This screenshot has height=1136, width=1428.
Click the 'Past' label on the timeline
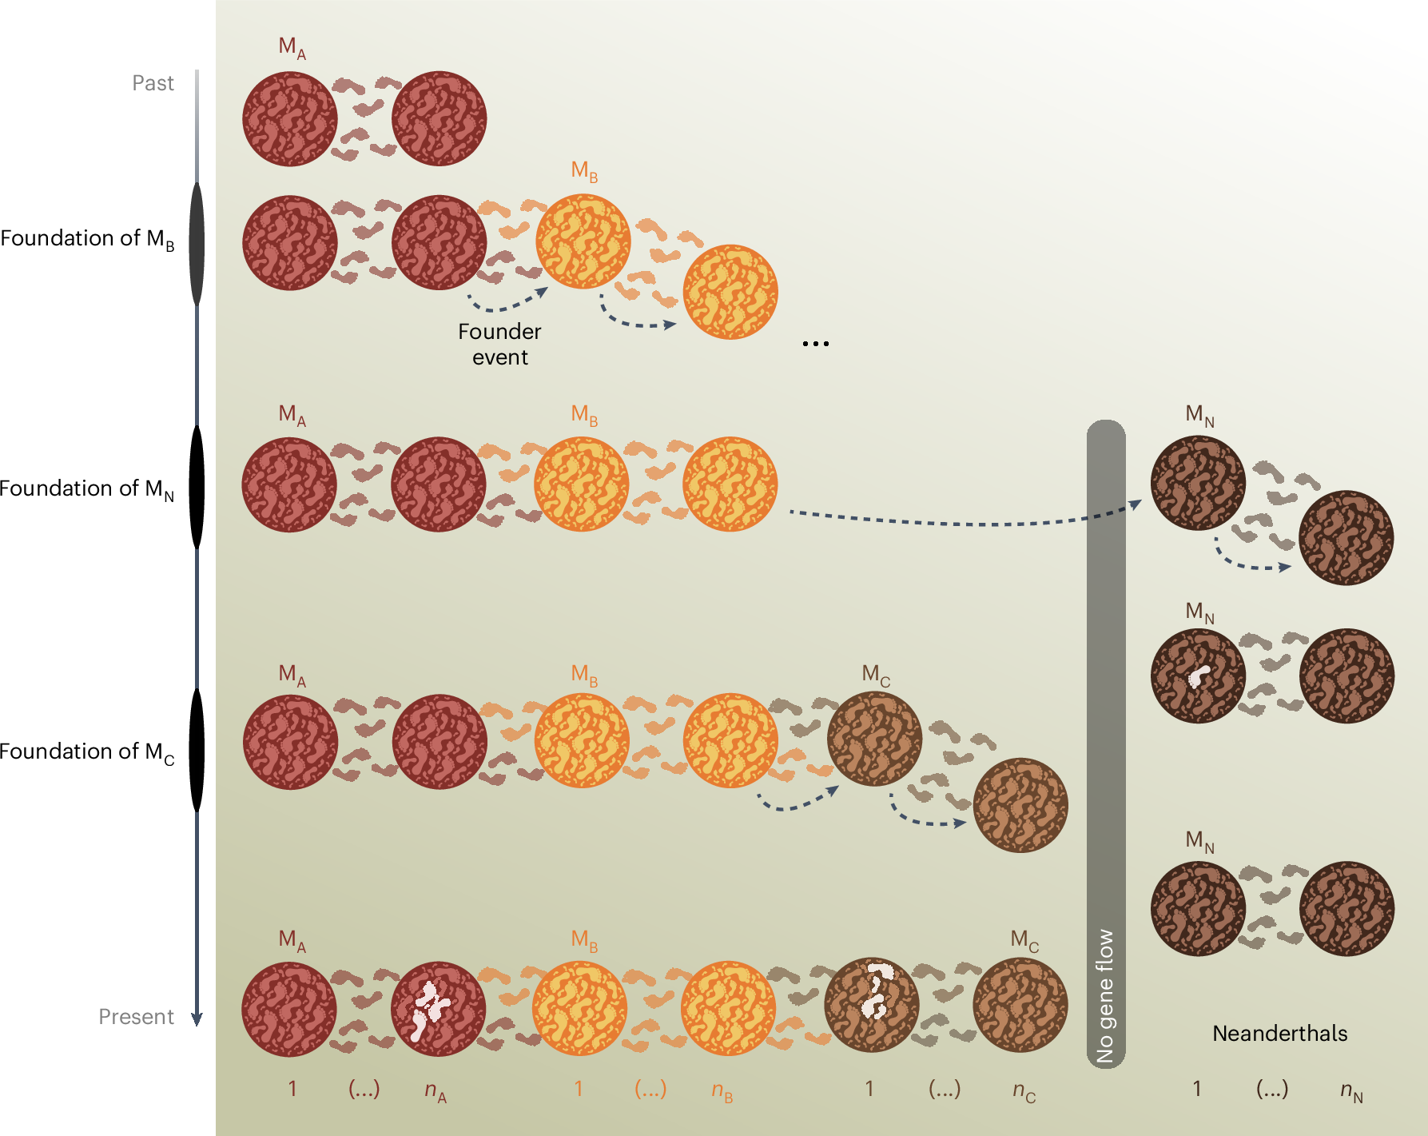(x=153, y=83)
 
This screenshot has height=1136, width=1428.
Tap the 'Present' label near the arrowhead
(x=136, y=1017)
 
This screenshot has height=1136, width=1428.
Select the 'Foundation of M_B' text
(x=87, y=239)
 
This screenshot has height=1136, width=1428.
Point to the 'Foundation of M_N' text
(x=87, y=489)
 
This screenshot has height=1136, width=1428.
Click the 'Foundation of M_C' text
(x=87, y=752)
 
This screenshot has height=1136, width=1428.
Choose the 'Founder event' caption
(x=499, y=344)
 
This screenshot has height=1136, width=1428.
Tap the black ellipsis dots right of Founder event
(x=816, y=344)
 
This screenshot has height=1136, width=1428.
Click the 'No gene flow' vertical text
(x=1105, y=995)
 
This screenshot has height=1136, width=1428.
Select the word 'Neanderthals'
(x=1279, y=1034)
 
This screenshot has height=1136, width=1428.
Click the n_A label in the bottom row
(x=436, y=1090)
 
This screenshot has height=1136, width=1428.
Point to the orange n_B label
(x=722, y=1090)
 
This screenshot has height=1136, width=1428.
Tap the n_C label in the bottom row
(x=1024, y=1090)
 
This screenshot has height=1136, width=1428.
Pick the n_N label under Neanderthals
(x=1351, y=1090)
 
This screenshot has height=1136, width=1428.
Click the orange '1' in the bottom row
(x=579, y=1089)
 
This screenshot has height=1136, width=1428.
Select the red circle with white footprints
(x=438, y=1009)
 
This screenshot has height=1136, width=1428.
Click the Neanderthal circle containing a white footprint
(x=1198, y=676)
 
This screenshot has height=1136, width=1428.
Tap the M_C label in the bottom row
(x=1024, y=940)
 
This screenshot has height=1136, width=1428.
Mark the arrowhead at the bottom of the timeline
(x=197, y=1019)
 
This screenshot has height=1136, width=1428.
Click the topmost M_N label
(x=1199, y=415)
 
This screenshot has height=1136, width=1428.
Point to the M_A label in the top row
(x=292, y=48)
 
